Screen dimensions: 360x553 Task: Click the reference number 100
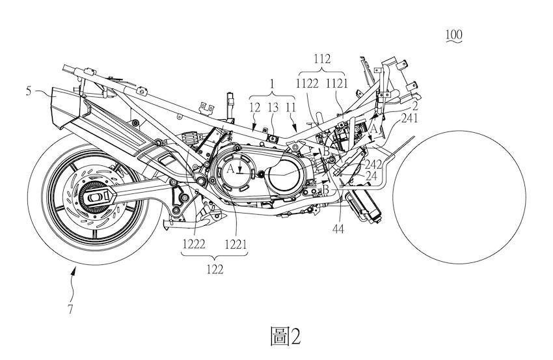(x=453, y=35)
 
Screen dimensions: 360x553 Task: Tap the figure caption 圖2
(x=286, y=336)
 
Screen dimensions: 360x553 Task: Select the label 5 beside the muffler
(x=29, y=90)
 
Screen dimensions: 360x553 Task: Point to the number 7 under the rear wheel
(x=71, y=310)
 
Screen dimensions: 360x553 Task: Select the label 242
(x=373, y=165)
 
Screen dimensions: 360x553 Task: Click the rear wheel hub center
(x=92, y=195)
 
